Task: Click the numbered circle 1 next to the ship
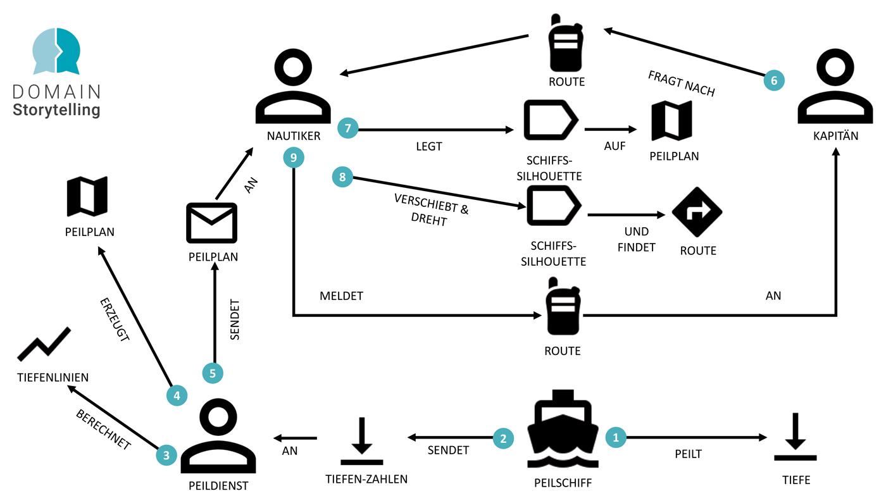616,437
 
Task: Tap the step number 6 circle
773,80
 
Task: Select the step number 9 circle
294,158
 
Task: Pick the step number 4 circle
177,396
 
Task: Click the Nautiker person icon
293,89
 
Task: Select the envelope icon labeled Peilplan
212,223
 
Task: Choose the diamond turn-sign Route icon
697,212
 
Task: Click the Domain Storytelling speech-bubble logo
56,51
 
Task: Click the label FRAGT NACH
681,84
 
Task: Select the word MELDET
342,295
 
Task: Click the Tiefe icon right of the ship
796,437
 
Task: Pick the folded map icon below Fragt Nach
672,121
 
